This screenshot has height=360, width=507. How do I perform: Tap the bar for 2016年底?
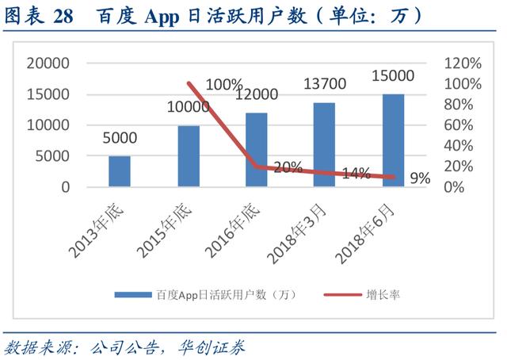pyautogui.click(x=256, y=150)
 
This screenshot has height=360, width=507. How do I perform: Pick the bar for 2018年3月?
pyautogui.click(x=324, y=145)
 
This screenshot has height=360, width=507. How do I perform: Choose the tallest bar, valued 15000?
pyautogui.click(x=393, y=140)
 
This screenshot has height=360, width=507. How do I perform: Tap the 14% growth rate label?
pyautogui.click(x=356, y=174)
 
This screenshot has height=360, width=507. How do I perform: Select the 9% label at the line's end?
pyautogui.click(x=420, y=179)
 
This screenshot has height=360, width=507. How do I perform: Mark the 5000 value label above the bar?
pyautogui.click(x=120, y=138)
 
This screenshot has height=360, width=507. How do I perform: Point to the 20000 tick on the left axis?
pyautogui.click(x=48, y=63)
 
